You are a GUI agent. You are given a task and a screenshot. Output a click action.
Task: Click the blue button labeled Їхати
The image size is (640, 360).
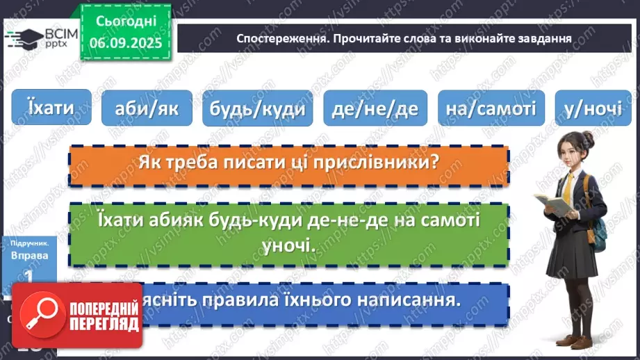(x=51, y=107)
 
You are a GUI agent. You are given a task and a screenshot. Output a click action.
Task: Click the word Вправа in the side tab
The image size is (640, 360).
(x=29, y=256)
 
